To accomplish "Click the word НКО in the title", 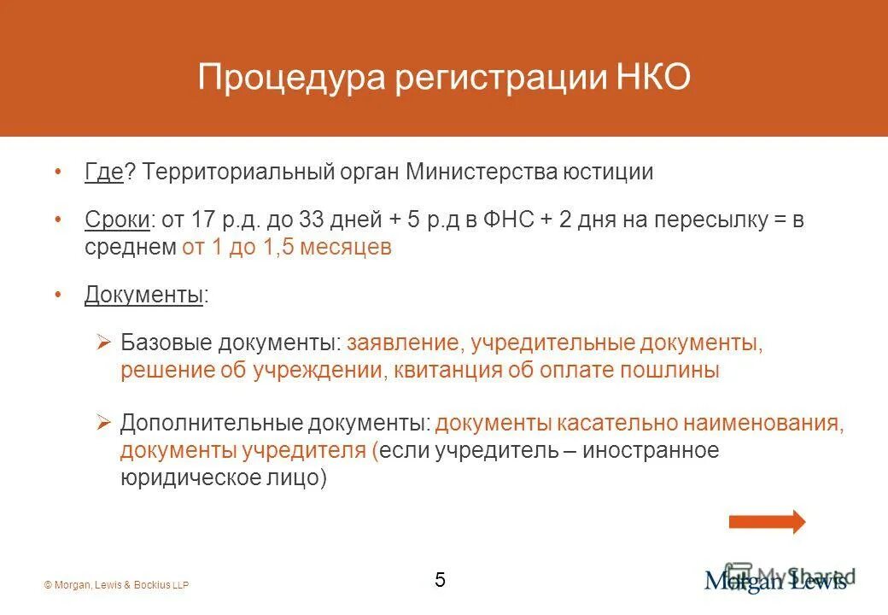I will coord(652,78).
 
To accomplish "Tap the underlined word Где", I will coord(104,172).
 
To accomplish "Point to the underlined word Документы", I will coord(143,296).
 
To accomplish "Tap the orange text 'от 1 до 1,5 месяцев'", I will coord(287,248).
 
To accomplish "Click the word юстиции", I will coord(608,172).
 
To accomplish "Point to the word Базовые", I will coord(166,343).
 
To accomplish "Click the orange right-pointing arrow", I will coord(767,521).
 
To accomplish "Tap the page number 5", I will coord(440,580).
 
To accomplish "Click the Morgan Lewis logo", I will coord(775,580).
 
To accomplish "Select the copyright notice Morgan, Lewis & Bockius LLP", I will coord(116,585).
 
